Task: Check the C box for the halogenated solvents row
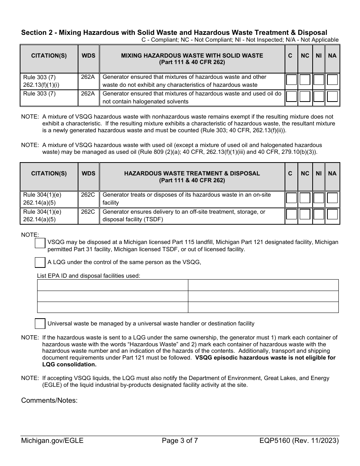point(291,97)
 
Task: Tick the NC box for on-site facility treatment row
point(305,198)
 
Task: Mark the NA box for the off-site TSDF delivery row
point(332,214)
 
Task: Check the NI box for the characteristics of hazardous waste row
point(319,80)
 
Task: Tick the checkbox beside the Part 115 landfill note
point(40,243)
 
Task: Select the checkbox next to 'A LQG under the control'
point(40,262)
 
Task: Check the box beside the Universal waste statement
point(40,323)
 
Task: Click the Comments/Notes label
point(49,400)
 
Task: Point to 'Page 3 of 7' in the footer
point(180,441)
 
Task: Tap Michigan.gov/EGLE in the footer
point(52,441)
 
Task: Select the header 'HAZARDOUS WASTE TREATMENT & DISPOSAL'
point(192,174)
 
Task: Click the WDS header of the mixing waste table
point(88,56)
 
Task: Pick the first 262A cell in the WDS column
point(88,77)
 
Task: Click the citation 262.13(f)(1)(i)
point(41,85)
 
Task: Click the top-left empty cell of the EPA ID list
point(113,285)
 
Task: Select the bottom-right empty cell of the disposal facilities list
point(263,307)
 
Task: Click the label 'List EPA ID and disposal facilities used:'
point(88,275)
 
